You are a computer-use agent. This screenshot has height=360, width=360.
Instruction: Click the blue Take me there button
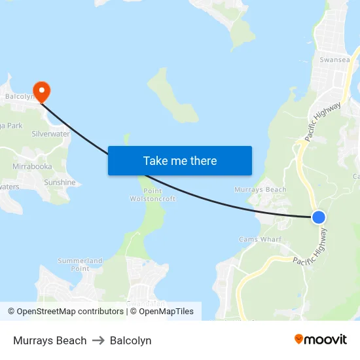[180, 160]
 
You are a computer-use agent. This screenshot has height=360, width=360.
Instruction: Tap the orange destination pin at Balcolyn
[42, 90]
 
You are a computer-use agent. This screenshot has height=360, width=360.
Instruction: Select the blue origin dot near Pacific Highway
[318, 217]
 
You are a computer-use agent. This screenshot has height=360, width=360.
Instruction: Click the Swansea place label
[335, 60]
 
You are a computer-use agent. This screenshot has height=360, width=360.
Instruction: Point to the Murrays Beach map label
[260, 190]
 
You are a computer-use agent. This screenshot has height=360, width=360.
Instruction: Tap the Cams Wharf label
[260, 240]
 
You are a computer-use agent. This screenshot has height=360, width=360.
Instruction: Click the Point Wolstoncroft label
[153, 194]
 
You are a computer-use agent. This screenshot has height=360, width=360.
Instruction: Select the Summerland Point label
[80, 264]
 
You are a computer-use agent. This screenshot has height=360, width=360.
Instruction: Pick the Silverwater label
[50, 134]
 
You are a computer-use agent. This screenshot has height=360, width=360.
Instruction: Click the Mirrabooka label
[32, 167]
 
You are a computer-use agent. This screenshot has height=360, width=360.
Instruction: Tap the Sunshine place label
[60, 183]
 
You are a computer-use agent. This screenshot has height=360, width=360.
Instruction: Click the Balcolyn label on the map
[19, 96]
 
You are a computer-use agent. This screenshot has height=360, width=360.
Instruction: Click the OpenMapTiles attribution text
[166, 312]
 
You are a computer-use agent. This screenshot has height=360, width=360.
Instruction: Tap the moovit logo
[321, 340]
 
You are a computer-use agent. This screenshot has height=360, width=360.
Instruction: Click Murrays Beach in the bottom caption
[50, 340]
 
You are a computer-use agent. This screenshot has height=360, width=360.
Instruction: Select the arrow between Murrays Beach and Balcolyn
[98, 340]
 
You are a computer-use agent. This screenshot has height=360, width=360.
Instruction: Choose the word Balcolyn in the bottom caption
[131, 340]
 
